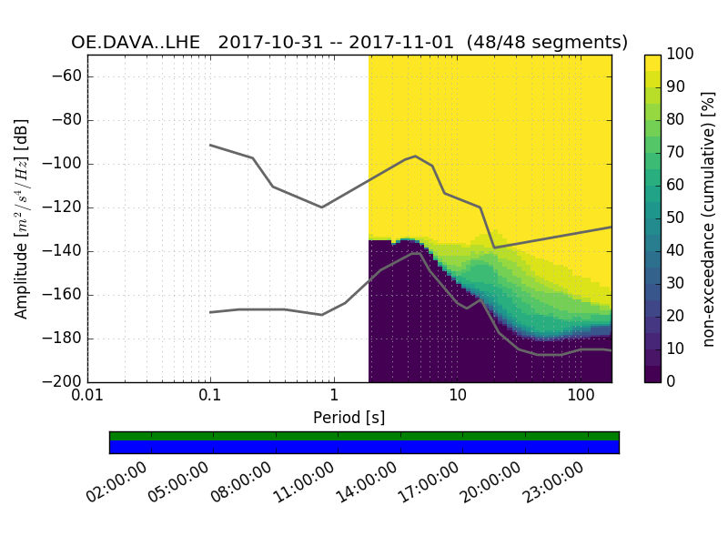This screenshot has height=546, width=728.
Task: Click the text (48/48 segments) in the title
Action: coord(547,43)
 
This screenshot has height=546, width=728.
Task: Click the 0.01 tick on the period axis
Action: coord(87,398)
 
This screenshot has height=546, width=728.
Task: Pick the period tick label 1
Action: coord(334,398)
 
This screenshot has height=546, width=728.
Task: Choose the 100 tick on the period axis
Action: coord(581,398)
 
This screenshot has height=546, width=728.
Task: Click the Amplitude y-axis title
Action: coord(22,218)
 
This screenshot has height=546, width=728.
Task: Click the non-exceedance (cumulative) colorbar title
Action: coord(711,218)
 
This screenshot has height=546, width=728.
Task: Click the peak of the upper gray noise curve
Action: coord(416,157)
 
